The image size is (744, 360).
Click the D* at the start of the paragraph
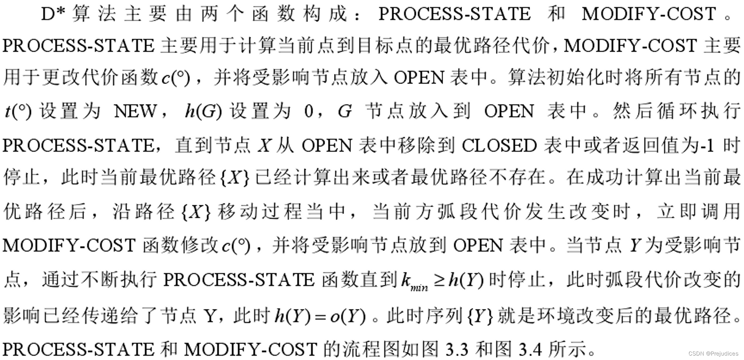(x=52, y=14)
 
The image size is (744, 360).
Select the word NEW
(x=135, y=111)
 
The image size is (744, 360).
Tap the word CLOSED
(x=499, y=145)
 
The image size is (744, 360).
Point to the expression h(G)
(x=203, y=111)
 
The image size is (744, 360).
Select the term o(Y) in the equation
(x=347, y=316)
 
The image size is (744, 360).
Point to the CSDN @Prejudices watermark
(x=713, y=353)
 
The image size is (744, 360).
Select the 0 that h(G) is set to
(x=309, y=111)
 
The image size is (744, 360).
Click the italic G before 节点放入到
(x=345, y=111)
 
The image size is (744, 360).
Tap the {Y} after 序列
(x=480, y=316)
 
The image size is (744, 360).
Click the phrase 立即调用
(x=699, y=211)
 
